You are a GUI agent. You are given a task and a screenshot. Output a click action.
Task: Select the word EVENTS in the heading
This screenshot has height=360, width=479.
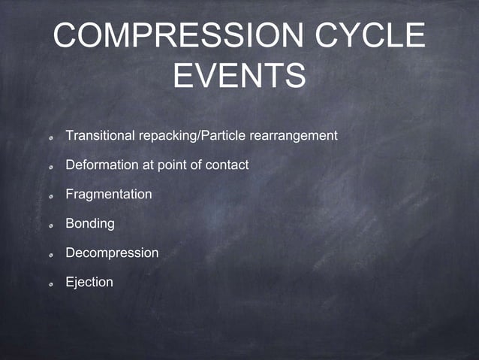tap(239, 76)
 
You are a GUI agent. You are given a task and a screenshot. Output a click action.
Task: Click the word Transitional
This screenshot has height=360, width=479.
tap(100, 136)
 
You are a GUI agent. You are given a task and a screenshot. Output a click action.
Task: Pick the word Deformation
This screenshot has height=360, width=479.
tap(100, 165)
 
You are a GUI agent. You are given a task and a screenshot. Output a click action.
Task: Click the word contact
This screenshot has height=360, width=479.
tap(227, 165)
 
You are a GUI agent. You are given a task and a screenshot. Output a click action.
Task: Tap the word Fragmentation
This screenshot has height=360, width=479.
tap(109, 194)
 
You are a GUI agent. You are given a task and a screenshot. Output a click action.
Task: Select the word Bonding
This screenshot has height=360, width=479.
tap(90, 223)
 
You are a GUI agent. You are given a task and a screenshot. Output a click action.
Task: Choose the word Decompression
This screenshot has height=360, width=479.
tap(112, 253)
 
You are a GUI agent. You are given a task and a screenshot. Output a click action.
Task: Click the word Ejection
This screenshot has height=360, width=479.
tap(89, 282)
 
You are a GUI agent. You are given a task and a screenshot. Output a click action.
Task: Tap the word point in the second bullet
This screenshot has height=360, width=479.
tap(173, 165)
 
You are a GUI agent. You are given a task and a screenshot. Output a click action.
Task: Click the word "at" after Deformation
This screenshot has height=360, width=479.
tap(146, 165)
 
